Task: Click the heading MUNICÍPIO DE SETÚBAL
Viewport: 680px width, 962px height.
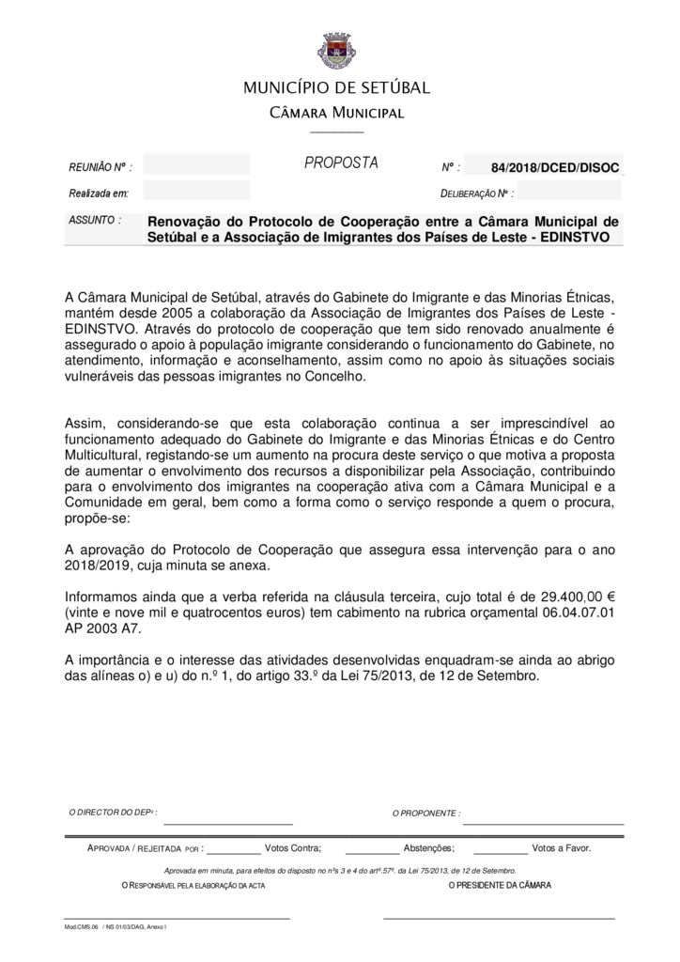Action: coord(337,88)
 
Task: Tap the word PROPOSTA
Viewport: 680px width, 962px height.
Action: coord(341,163)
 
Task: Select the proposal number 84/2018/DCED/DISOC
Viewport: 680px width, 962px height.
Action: coord(554,167)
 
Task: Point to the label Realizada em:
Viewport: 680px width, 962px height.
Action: coord(99,193)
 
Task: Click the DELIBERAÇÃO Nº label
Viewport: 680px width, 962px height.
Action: coord(476,194)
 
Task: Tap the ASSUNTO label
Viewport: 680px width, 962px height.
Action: coord(95,219)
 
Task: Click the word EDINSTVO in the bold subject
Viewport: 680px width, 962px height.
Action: coord(574,238)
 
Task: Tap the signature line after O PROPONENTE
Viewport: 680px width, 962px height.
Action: coord(543,822)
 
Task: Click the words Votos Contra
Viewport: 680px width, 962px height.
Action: coord(293,846)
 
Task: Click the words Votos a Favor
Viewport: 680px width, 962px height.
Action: coord(561,846)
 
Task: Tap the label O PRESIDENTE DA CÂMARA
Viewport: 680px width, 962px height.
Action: coord(500,885)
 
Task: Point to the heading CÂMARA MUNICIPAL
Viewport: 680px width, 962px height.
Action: coord(337,114)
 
